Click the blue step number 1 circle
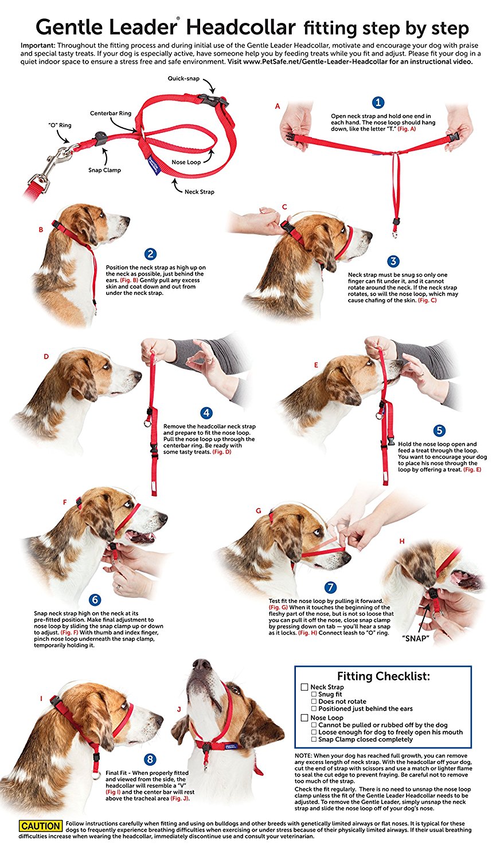tap(378, 103)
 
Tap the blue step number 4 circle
tap(206, 413)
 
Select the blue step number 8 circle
tap(150, 759)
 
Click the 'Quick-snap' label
tap(183, 78)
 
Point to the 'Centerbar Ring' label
tap(111, 113)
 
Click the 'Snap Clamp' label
tap(104, 170)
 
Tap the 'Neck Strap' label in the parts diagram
tap(200, 192)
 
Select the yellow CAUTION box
tap(40, 826)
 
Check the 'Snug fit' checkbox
tap(314, 694)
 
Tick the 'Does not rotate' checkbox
tap(314, 702)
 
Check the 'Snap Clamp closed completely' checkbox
tap(314, 739)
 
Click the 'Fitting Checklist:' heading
tap(383, 676)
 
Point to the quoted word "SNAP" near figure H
tap(416, 639)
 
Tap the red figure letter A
tap(278, 106)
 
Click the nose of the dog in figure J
tap(202, 664)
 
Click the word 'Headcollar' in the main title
tap(241, 27)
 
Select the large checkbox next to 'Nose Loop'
tap(304, 718)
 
